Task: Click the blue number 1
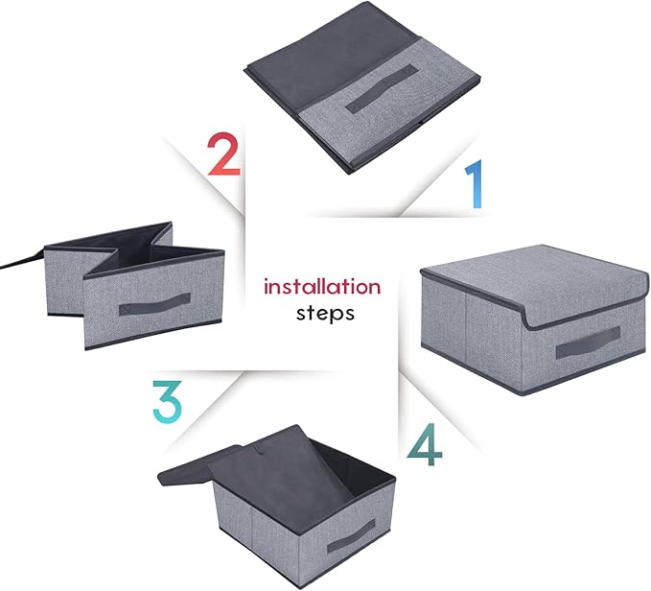475,183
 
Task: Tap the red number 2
223,154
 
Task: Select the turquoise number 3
168,402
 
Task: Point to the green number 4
425,444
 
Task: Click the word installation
322,287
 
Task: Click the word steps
325,314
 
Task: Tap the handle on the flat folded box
382,89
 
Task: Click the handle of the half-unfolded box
155,304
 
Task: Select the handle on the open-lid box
351,535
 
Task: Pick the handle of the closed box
588,343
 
